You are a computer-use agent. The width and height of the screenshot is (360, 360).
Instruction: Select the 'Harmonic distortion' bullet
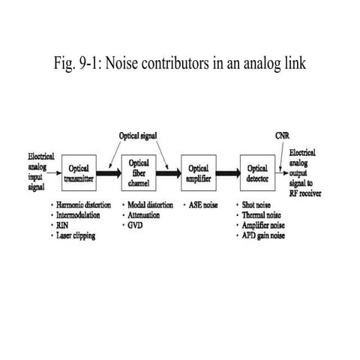pyautogui.click(x=83, y=205)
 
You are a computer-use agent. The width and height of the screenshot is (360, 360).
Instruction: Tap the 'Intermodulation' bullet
pyautogui.click(x=79, y=214)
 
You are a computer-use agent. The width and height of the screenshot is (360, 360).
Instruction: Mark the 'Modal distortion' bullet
pyautogui.click(x=149, y=205)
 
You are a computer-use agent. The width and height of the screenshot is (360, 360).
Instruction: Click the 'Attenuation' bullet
pyautogui.click(x=142, y=214)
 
